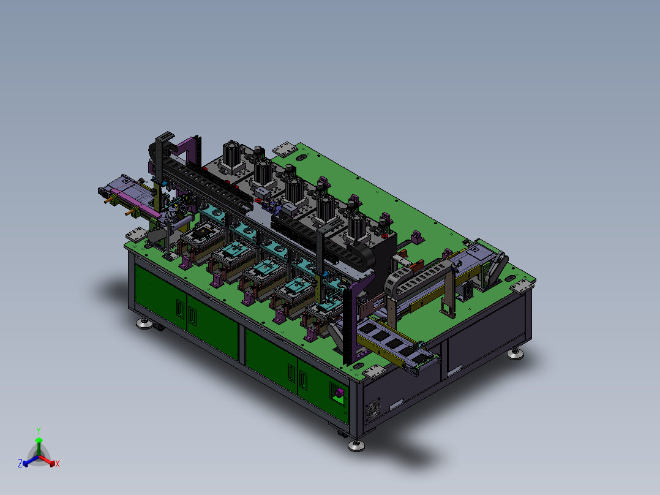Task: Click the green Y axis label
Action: tap(39, 431)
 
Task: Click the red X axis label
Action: tap(58, 464)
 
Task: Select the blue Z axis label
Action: tap(20, 463)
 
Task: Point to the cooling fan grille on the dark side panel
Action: tap(372, 409)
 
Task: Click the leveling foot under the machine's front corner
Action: tap(356, 445)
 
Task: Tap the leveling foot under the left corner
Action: tap(144, 323)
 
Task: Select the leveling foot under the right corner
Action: tap(516, 353)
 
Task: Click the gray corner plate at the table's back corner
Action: tap(285, 149)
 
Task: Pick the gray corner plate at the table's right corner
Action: tap(522, 286)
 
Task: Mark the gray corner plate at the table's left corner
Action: tap(136, 235)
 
